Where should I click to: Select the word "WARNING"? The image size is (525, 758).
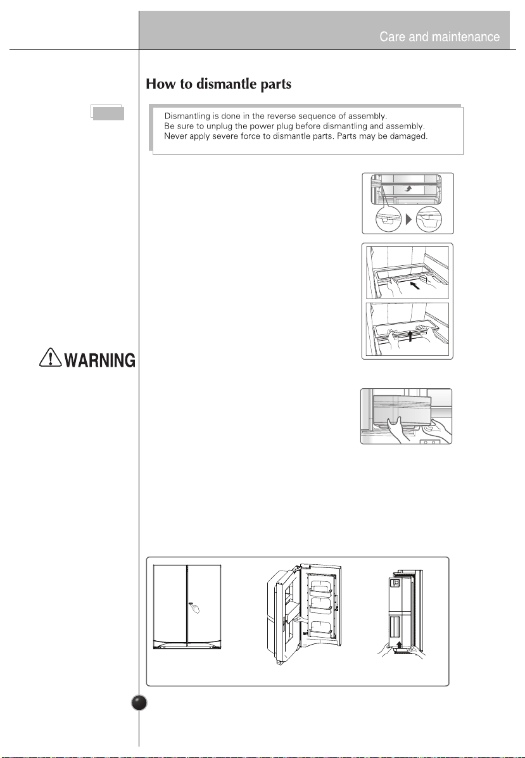[100, 360]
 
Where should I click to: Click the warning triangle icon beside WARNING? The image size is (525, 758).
[50, 358]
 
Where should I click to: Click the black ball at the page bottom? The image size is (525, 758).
[139, 703]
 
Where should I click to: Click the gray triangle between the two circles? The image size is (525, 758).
[408, 220]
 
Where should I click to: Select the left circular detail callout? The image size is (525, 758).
[389, 220]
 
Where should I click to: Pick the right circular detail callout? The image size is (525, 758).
[429, 220]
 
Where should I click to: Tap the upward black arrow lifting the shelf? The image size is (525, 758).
[410, 336]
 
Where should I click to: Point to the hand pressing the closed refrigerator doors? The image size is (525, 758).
[194, 607]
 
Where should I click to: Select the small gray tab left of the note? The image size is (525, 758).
[107, 113]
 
